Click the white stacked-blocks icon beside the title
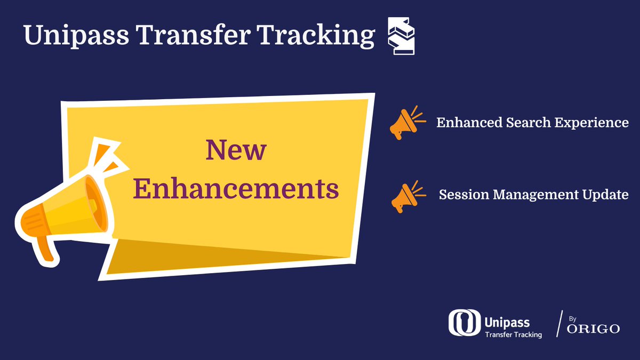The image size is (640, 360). click(x=401, y=36)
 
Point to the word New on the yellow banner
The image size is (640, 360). click(x=236, y=150)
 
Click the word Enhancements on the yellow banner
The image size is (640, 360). click(x=236, y=189)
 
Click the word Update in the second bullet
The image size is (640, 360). click(x=606, y=195)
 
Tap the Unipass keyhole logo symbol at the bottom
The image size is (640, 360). click(x=463, y=323)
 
